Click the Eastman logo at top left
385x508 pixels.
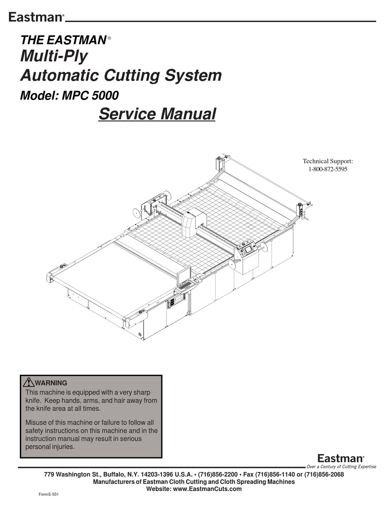tap(36, 17)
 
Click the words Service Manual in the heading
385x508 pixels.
tap(157, 113)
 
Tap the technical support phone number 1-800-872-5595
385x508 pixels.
tap(327, 169)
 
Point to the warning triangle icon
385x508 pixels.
tap(29, 382)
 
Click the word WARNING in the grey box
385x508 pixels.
tap(51, 383)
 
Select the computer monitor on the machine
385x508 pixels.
tap(184, 275)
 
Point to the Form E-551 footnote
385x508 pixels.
tap(48, 495)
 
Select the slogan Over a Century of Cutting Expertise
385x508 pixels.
tap(341, 467)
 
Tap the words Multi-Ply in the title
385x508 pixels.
tap(53, 56)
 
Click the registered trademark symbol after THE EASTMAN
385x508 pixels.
tap(109, 38)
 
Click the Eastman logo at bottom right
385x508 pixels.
tap(340, 458)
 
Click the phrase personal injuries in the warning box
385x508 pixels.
tap(50, 447)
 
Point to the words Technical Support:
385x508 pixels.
tap(328, 161)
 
